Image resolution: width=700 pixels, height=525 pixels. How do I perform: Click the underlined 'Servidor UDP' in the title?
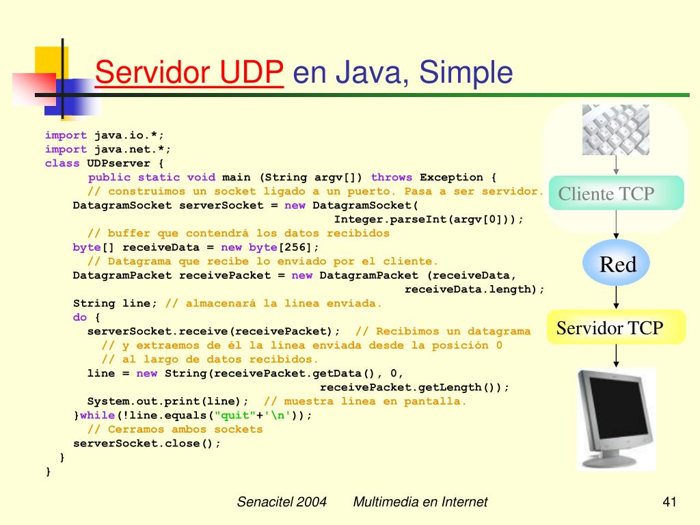(x=189, y=72)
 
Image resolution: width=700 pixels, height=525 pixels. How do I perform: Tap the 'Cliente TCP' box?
(x=606, y=193)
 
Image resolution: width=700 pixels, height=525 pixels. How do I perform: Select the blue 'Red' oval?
(x=617, y=265)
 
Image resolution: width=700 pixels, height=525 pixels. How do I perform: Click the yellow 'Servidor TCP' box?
(x=610, y=328)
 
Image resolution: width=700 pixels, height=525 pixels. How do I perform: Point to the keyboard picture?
(x=616, y=130)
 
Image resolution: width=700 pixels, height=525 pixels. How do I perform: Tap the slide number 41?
(x=669, y=502)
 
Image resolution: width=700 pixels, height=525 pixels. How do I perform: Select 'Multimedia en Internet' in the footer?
(x=420, y=502)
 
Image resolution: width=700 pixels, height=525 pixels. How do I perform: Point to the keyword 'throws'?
(x=392, y=177)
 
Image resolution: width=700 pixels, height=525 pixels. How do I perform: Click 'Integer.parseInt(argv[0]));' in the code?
(x=429, y=219)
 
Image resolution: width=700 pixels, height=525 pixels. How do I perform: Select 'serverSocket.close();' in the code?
(x=147, y=443)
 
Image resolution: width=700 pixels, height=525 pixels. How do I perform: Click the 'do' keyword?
(x=80, y=317)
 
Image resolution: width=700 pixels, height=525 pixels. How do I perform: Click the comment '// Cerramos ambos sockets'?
(x=175, y=429)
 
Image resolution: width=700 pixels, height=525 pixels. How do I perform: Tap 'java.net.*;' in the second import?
(x=133, y=149)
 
